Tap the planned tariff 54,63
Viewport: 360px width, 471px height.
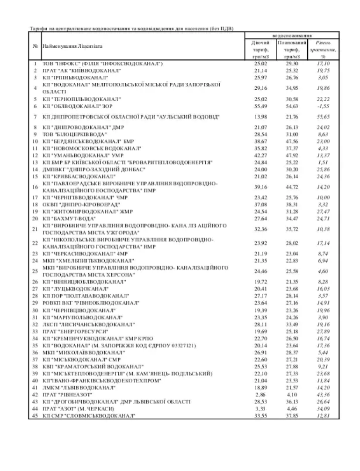click(x=291, y=107)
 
